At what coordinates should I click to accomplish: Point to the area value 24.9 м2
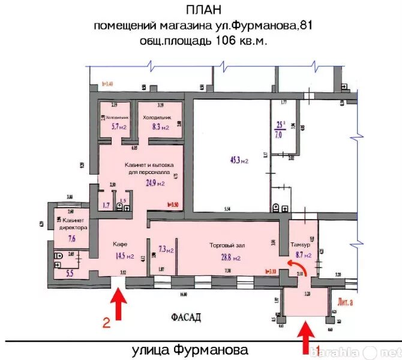(x=152, y=184)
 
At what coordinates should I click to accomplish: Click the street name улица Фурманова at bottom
(x=188, y=349)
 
